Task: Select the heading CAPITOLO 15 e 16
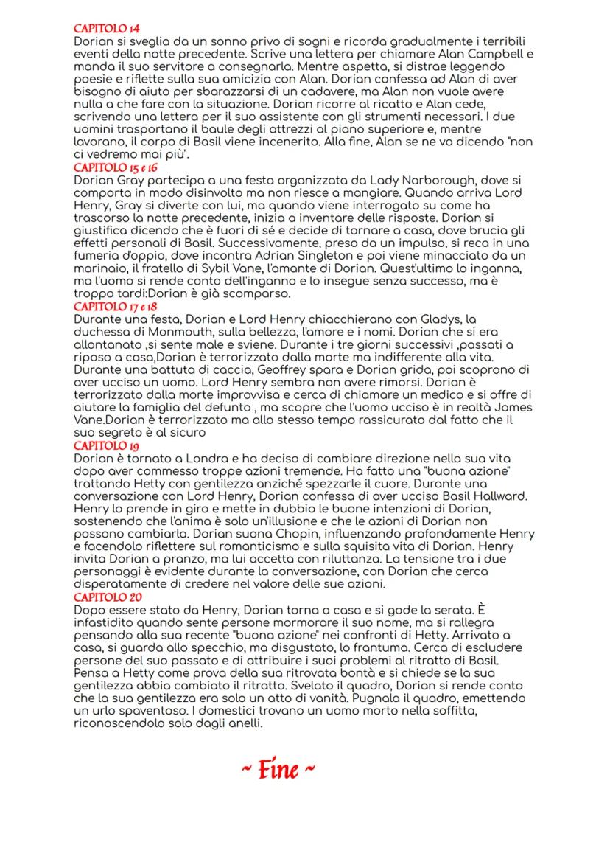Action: tap(105, 169)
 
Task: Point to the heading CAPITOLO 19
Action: tap(98, 445)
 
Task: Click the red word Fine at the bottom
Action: tap(279, 771)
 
